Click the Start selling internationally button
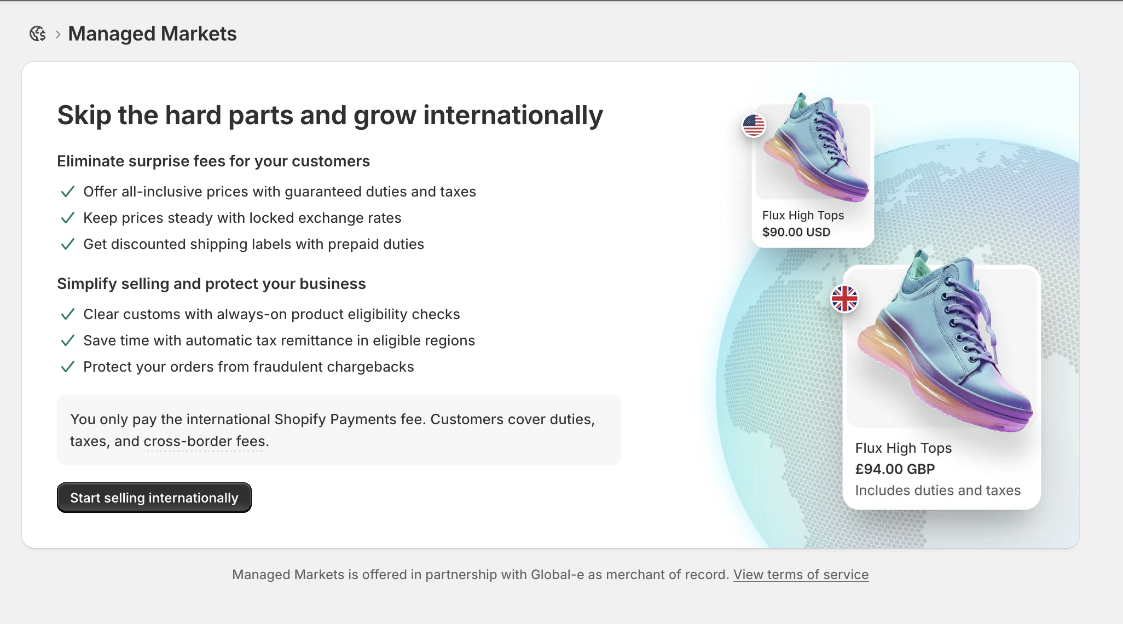154,498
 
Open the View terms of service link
801,574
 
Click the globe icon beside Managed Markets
37,34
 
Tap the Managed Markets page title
152,34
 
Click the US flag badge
754,125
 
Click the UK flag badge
844,299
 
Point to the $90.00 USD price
796,232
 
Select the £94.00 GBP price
895,469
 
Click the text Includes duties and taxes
937,490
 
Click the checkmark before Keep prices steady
67,218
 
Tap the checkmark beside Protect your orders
67,367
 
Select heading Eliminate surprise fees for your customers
213,161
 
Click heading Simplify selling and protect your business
211,284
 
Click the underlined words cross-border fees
205,441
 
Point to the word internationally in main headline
513,115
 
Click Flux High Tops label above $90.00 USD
803,215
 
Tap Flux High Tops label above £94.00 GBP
903,448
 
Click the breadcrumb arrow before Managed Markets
57,34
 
